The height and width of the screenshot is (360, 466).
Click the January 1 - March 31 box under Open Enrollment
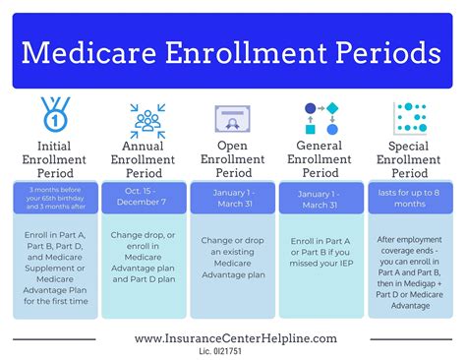tap(233, 198)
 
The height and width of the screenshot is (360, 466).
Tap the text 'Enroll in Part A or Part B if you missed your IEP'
tap(321, 252)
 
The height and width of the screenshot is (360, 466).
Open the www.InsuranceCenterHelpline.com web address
tap(235, 337)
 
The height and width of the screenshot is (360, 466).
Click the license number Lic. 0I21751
tap(234, 351)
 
